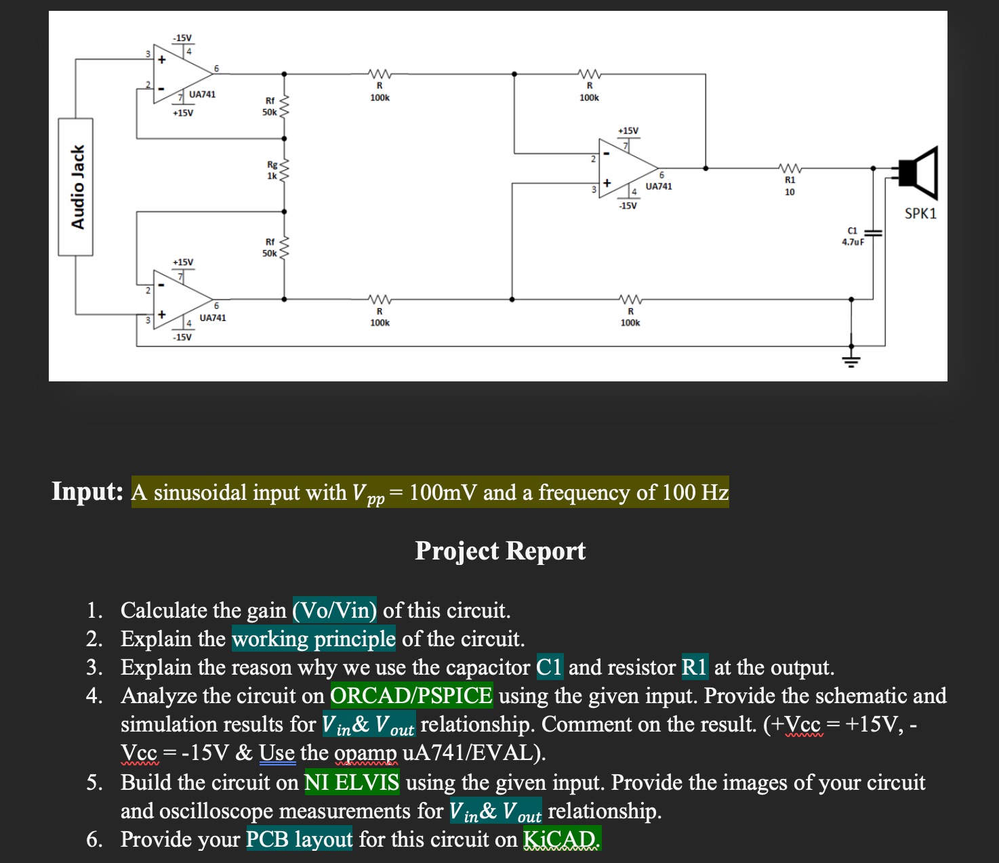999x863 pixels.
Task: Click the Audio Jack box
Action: point(75,187)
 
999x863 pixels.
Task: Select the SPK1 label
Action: point(920,213)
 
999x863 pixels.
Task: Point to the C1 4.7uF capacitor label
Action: point(853,236)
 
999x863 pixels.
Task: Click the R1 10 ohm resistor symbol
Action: point(790,168)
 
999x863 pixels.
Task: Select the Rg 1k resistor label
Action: point(272,170)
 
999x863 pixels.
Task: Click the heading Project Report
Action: point(500,551)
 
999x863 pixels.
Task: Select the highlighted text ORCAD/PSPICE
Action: point(411,696)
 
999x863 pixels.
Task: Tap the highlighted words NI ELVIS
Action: point(352,782)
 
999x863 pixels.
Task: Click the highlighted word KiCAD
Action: point(562,839)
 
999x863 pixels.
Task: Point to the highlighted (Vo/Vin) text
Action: point(335,610)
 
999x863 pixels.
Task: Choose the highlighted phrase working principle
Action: point(314,639)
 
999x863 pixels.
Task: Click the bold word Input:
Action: point(87,491)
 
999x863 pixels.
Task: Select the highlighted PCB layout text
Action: point(299,839)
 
